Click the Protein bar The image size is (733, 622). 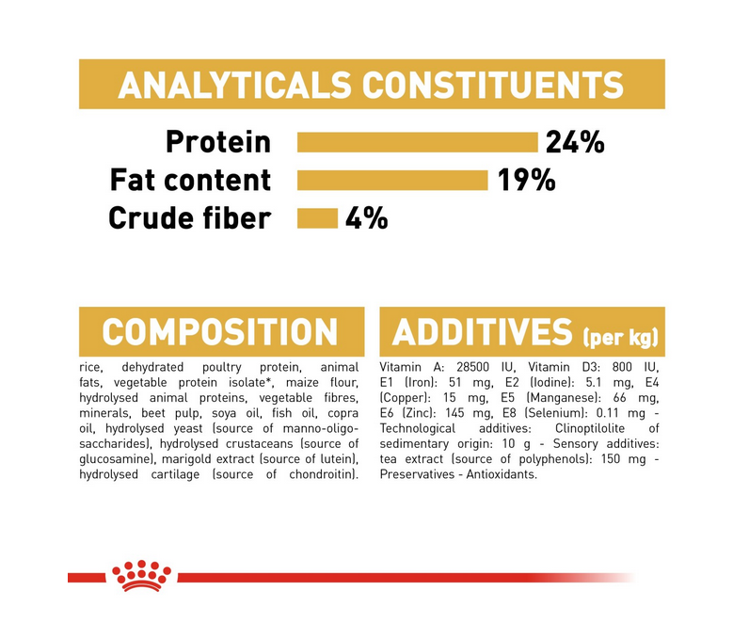click(x=418, y=142)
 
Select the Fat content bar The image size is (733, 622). click(x=392, y=181)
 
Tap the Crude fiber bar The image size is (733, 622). click(x=317, y=218)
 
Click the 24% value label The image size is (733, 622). click(x=575, y=142)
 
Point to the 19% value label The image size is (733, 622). click(x=526, y=181)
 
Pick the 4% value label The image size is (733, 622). click(x=367, y=218)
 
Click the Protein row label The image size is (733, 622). click(x=218, y=142)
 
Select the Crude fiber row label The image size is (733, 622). click(x=190, y=218)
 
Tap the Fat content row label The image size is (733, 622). click(x=190, y=180)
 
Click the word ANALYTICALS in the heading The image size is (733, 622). click(x=234, y=85)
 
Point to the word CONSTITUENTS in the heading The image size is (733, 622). click(x=493, y=85)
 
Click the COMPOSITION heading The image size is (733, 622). click(x=220, y=332)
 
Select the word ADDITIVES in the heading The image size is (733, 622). click(x=482, y=332)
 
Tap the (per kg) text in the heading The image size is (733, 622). click(x=620, y=337)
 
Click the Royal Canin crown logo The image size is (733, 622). click(x=141, y=576)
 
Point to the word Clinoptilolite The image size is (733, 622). click(x=589, y=428)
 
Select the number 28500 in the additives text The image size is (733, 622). click(x=473, y=367)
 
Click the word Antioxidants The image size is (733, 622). click(x=502, y=474)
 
